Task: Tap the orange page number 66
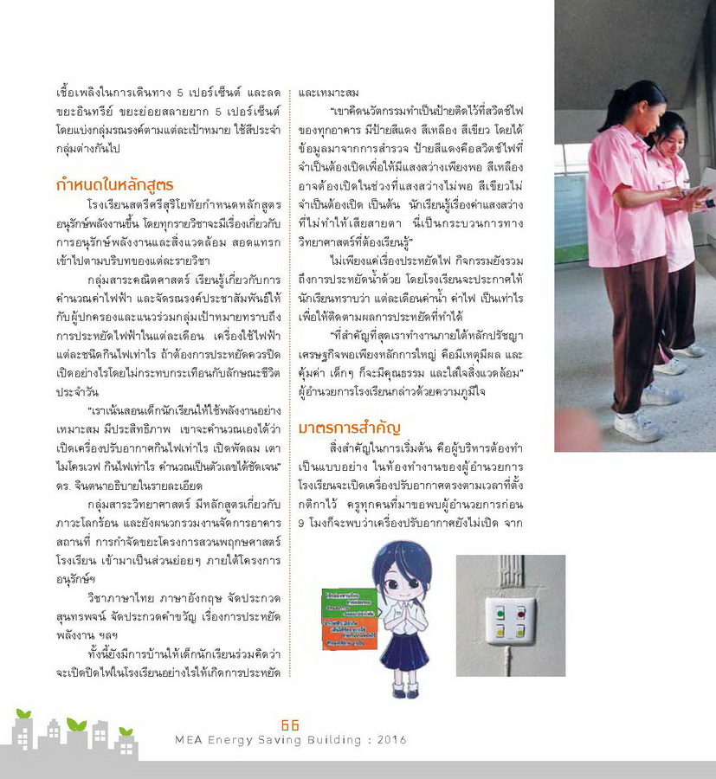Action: pos(290,725)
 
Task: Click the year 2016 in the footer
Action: pos(389,740)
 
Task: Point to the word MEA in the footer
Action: pos(189,740)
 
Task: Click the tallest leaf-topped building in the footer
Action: pos(78,740)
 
